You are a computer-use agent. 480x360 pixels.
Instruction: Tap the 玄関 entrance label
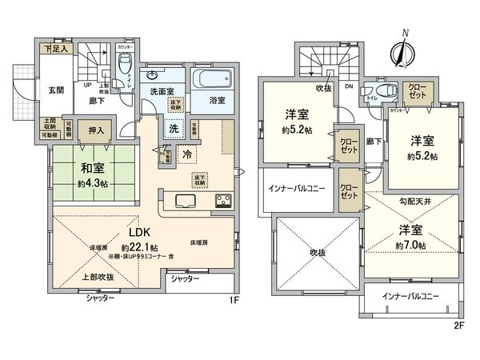pyautogui.click(x=55, y=90)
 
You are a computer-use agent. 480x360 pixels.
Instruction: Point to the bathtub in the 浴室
pyautogui.click(x=211, y=81)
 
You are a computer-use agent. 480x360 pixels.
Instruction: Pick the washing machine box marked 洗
pyautogui.click(x=172, y=128)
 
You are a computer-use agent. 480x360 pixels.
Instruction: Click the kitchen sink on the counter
pyautogui.click(x=182, y=201)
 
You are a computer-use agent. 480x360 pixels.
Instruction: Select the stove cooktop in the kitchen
pyautogui.click(x=222, y=200)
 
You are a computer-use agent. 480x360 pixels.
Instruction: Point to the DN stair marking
pyautogui.click(x=349, y=86)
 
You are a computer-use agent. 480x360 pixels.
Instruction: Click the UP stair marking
pyautogui.click(x=87, y=86)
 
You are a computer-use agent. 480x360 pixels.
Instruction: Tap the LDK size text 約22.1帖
pyautogui.click(x=137, y=248)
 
